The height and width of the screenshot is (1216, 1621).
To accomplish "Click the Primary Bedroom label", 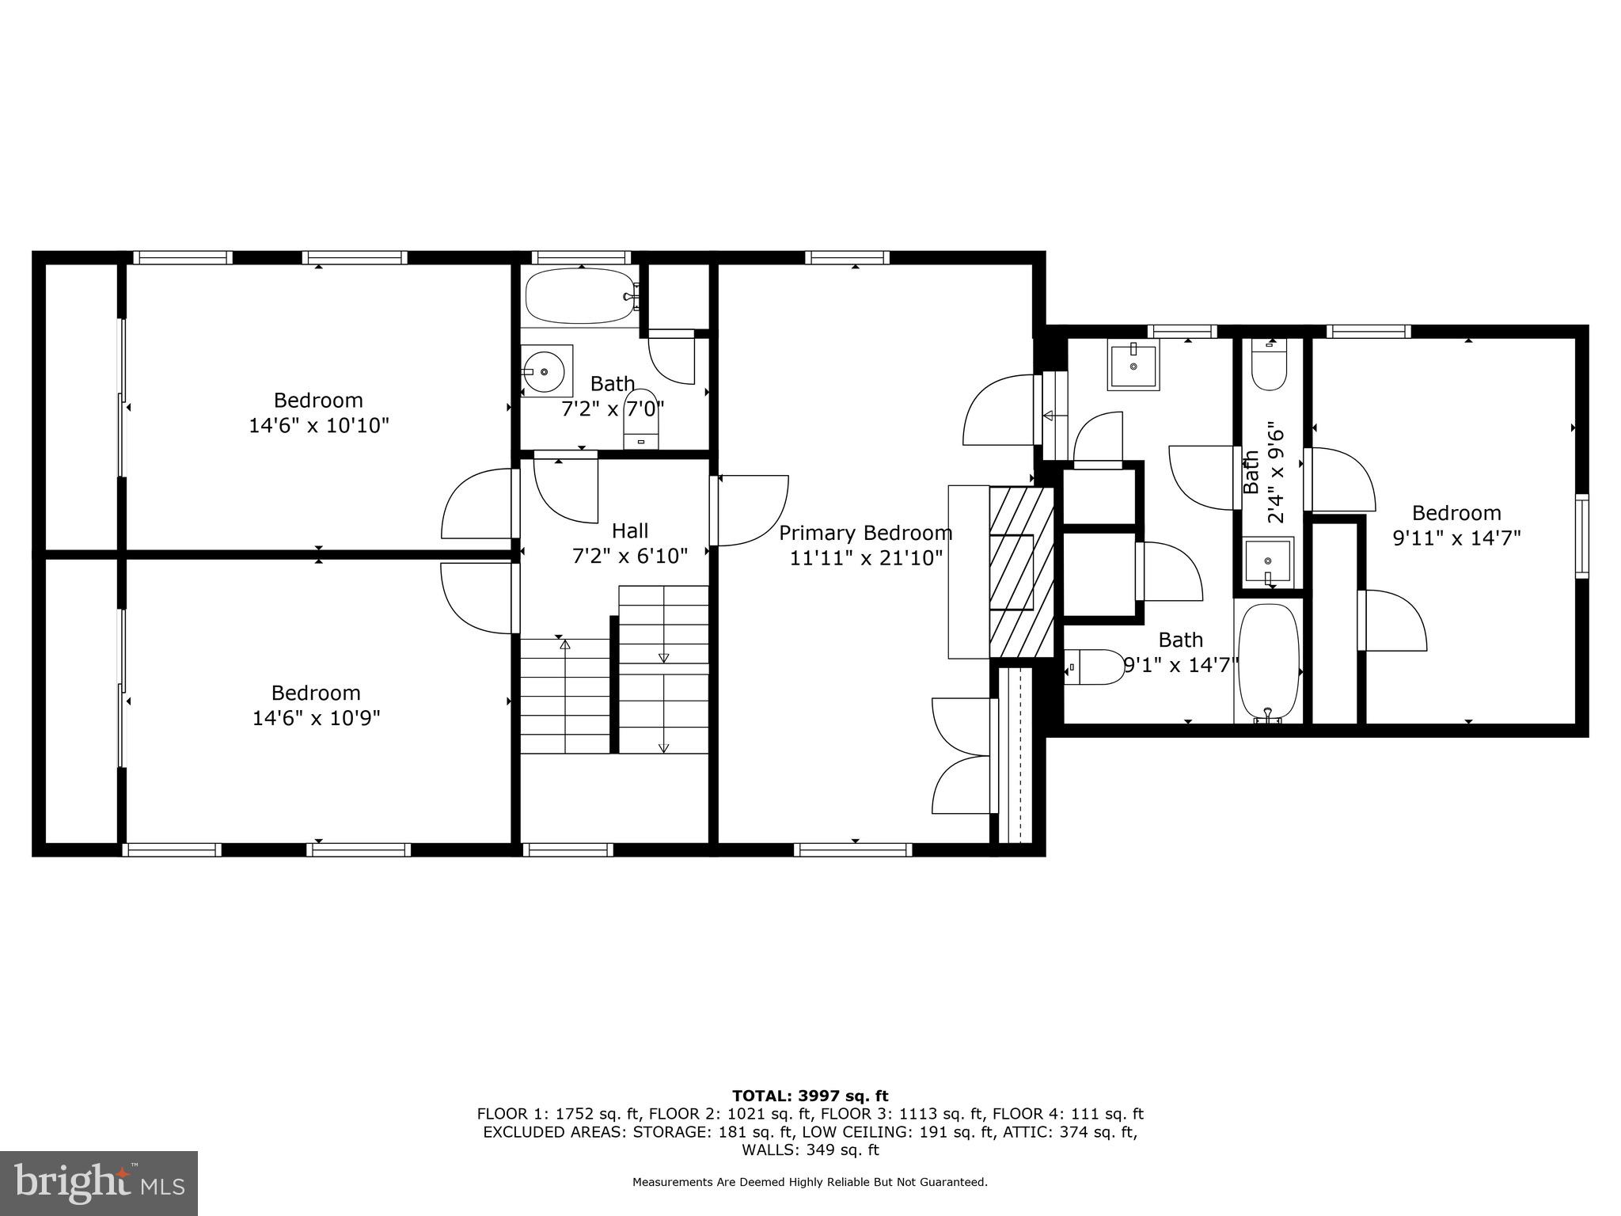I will pyautogui.click(x=865, y=533).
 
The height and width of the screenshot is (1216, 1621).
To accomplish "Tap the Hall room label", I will pyautogui.click(x=630, y=530).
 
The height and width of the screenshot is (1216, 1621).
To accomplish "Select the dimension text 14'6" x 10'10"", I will pyautogui.click(x=319, y=426).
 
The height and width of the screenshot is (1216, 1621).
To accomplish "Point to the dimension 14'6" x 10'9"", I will pyautogui.click(x=317, y=718).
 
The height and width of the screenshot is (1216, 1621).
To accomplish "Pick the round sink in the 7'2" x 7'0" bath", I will pyautogui.click(x=545, y=370).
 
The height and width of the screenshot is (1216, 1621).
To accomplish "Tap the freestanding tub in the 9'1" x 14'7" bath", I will pyautogui.click(x=1269, y=662).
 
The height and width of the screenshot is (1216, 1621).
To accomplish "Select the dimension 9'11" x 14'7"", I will pyautogui.click(x=1456, y=538).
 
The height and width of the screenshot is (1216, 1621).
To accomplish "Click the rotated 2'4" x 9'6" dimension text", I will pyautogui.click(x=1275, y=476).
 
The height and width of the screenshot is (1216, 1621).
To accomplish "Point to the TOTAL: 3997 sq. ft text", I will pyautogui.click(x=810, y=1096).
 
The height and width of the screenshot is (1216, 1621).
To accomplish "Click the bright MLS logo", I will pyautogui.click(x=99, y=1183).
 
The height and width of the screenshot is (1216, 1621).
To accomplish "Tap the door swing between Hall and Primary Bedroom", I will pyautogui.click(x=752, y=510).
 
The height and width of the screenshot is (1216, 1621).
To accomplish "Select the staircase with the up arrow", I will pyautogui.click(x=564, y=695).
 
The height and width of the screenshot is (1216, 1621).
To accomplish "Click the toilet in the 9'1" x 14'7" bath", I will pyautogui.click(x=1093, y=667).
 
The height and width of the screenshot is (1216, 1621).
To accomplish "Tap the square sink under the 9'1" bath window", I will pyautogui.click(x=1133, y=366).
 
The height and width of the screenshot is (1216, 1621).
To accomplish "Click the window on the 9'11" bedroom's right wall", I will pyautogui.click(x=1581, y=535).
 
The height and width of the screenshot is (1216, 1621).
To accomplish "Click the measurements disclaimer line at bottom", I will pyautogui.click(x=810, y=1183).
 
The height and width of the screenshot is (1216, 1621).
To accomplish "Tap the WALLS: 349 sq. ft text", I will pyautogui.click(x=810, y=1149).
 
